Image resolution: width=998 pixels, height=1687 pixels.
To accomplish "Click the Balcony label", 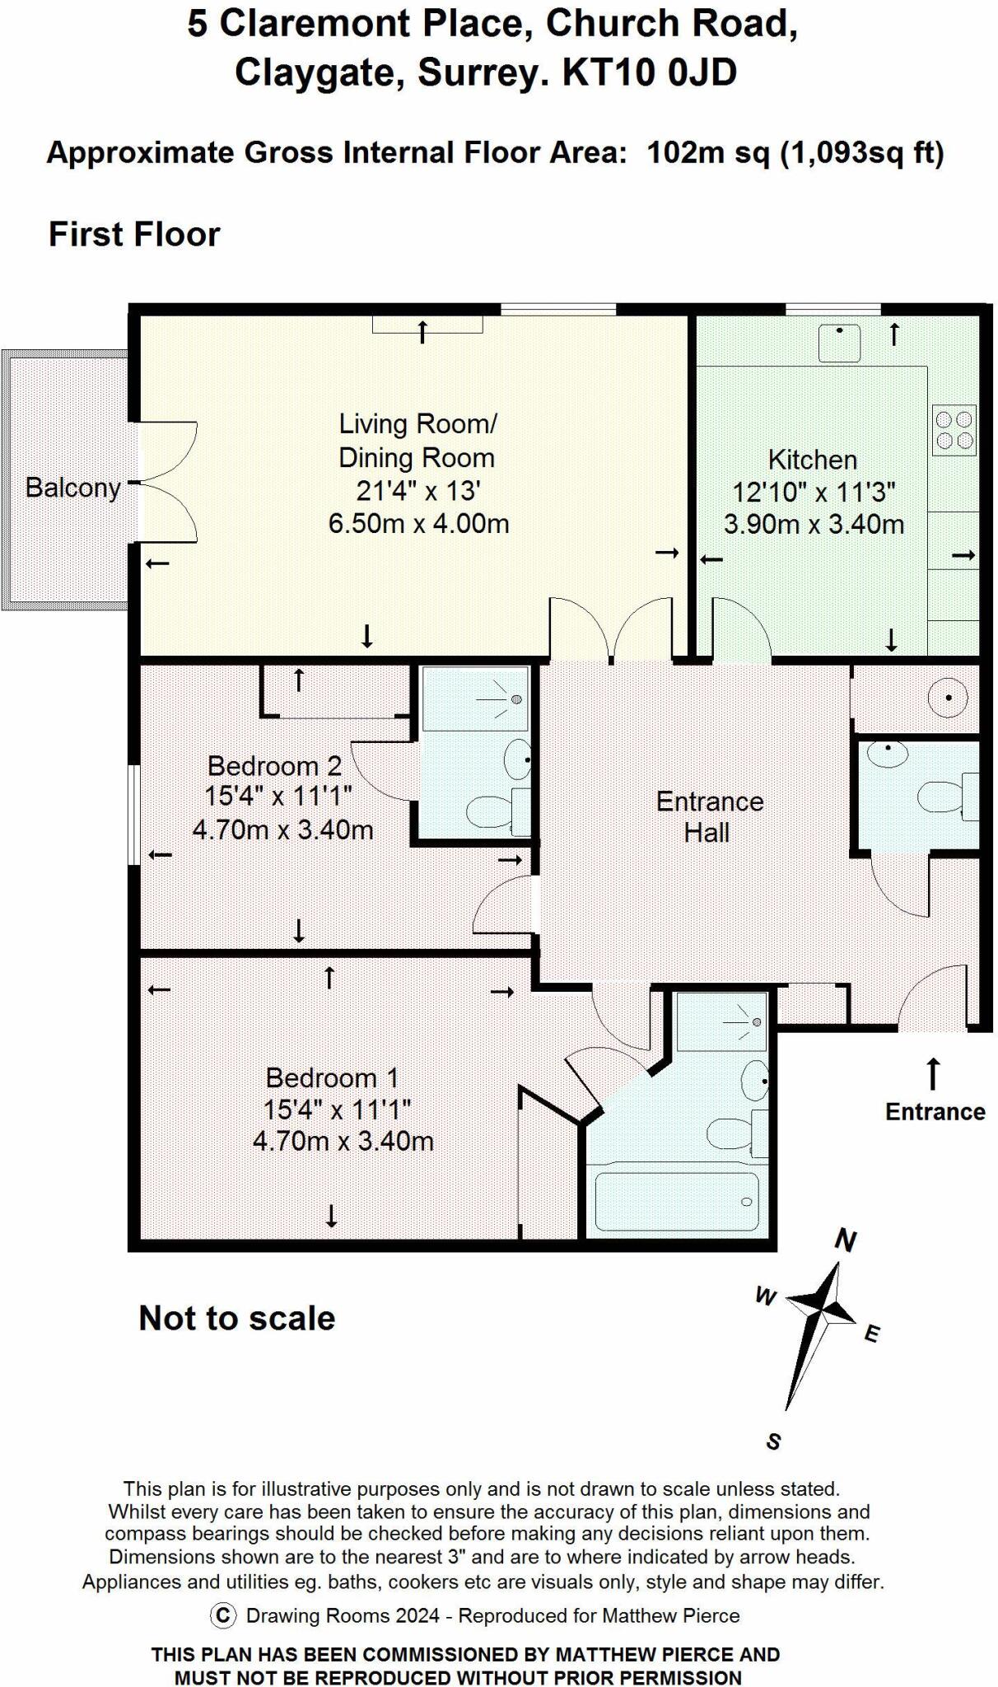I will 72,488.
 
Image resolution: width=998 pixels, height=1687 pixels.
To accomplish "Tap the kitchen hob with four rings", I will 954,430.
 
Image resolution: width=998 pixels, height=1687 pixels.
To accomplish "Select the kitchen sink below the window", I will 839,342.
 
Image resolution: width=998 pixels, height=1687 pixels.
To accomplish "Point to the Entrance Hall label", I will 709,816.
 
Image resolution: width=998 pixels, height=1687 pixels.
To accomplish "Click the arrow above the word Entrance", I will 933,1073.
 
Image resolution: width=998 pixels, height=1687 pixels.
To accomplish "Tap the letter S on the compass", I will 772,1441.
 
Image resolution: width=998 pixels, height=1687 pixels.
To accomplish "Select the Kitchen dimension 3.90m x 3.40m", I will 814,525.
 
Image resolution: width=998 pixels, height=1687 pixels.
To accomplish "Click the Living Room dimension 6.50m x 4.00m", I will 418,523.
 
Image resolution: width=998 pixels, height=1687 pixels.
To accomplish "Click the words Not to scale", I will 236,1318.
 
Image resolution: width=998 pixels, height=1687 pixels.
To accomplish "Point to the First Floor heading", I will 134,234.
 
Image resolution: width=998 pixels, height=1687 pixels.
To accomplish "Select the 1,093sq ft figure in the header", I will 861,153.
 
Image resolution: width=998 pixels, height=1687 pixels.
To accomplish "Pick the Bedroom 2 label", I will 274,766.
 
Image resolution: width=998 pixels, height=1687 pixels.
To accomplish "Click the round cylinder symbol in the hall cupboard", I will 947,699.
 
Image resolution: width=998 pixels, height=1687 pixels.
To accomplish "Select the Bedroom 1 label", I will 332,1077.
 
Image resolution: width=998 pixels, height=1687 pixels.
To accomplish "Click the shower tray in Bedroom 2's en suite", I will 474,699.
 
